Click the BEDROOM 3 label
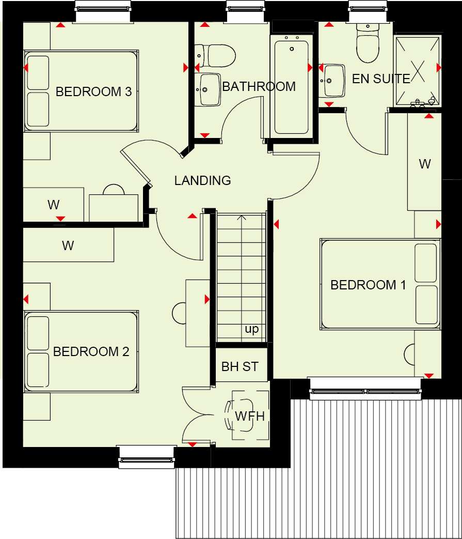tap(94, 92)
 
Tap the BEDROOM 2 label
tap(91, 351)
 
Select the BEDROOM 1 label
tap(368, 285)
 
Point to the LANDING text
tap(202, 180)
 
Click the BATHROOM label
tap(259, 87)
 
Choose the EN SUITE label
tap(381, 79)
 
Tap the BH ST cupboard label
tap(240, 367)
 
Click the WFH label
tap(250, 417)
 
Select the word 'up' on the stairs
tap(251, 329)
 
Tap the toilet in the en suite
tap(368, 42)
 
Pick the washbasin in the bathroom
tap(208, 89)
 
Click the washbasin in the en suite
tap(332, 81)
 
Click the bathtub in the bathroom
tap(292, 87)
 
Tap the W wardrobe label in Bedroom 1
tap(425, 164)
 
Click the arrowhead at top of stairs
tap(242, 217)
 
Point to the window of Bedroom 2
tap(146, 457)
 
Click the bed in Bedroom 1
tap(380, 284)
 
